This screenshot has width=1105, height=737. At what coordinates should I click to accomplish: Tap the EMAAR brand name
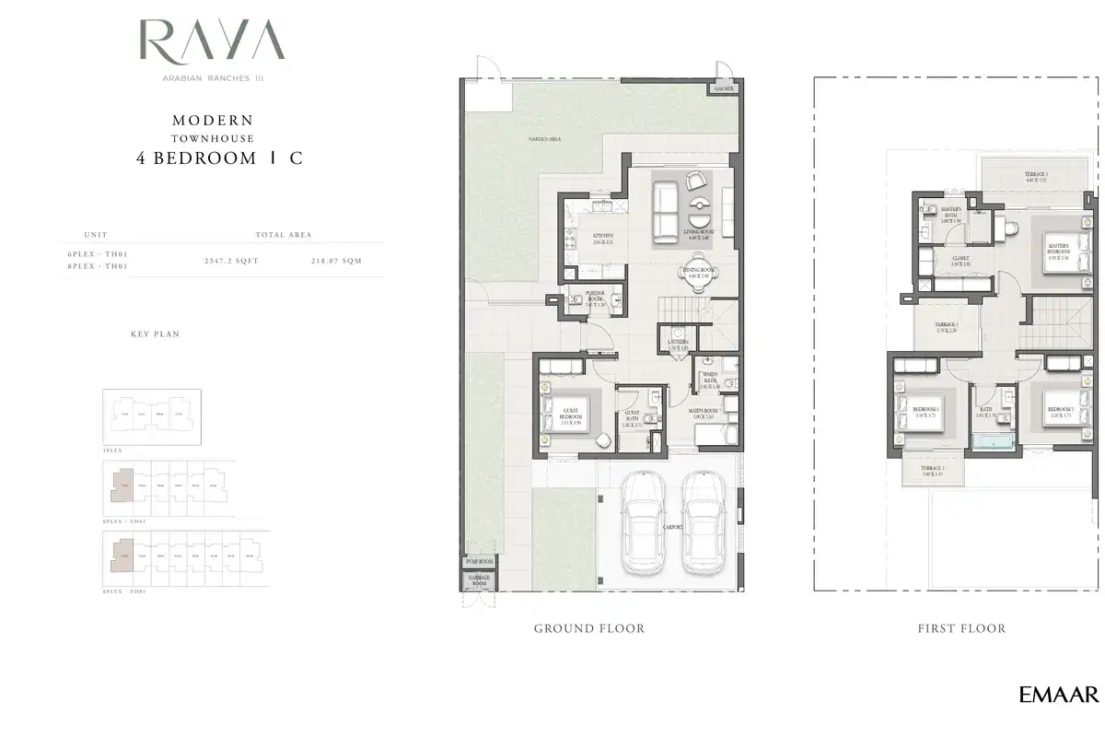[1058, 695]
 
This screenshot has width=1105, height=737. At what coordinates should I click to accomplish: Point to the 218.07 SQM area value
[337, 261]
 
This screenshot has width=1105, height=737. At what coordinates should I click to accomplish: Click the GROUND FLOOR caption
[589, 628]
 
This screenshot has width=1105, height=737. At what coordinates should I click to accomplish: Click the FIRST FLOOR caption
[961, 628]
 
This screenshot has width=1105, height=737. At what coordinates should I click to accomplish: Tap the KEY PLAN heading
[155, 334]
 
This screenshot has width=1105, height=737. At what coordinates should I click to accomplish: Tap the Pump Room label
[479, 561]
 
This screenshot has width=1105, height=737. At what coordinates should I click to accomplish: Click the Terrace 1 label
[1037, 176]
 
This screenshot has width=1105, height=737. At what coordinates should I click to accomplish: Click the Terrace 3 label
[932, 470]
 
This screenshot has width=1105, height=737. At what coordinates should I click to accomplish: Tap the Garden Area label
[545, 139]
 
